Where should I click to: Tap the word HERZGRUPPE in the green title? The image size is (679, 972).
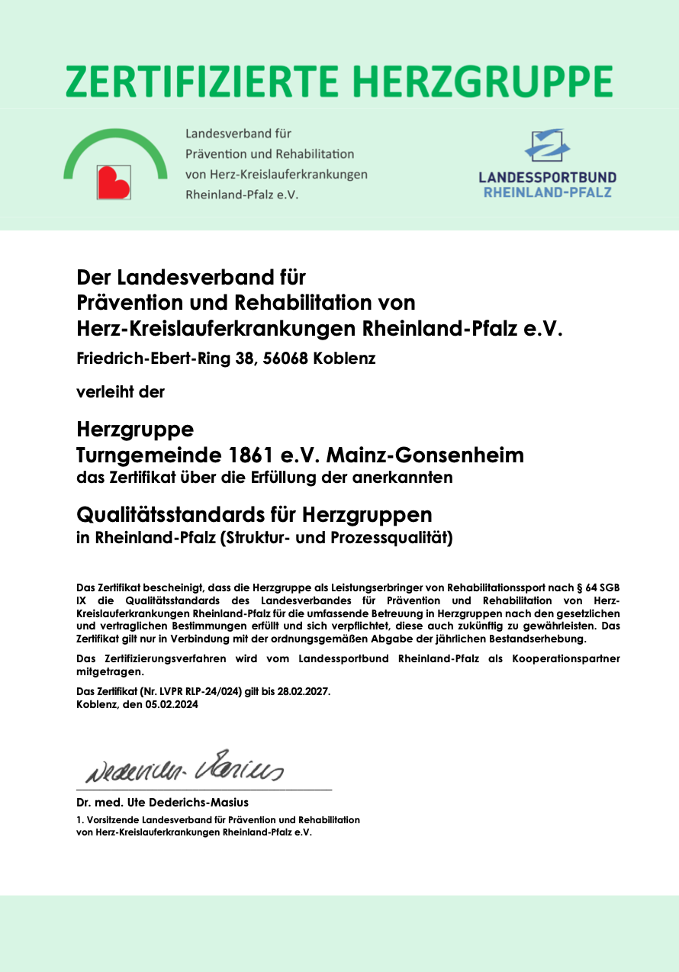488,81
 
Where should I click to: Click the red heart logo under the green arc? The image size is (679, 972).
113,182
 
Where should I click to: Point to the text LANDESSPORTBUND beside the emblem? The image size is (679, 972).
547,177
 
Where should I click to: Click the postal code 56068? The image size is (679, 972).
285,358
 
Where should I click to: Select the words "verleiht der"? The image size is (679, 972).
121,393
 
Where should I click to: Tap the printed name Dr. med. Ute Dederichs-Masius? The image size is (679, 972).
163,803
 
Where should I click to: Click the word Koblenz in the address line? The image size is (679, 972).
344,358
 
